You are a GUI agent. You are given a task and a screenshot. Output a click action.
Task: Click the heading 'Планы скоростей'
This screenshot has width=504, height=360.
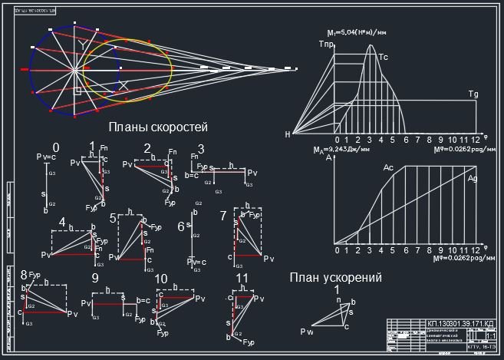click(x=159, y=127)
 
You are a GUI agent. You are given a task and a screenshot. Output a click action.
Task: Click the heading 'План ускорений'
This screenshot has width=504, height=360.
click(x=336, y=278)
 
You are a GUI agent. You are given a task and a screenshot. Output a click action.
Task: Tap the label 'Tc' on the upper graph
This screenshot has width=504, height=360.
click(x=384, y=57)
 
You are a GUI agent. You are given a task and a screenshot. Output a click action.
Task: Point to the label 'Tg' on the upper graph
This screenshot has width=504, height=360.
click(x=473, y=94)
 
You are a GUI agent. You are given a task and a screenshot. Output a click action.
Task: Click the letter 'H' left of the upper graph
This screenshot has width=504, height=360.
click(x=288, y=134)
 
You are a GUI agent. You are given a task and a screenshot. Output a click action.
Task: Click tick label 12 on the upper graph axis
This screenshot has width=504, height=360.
click(x=475, y=140)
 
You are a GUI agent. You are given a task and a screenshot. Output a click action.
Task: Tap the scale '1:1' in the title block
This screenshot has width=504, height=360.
click(x=490, y=336)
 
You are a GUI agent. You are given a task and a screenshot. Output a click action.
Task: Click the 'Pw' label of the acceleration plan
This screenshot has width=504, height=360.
click(x=307, y=332)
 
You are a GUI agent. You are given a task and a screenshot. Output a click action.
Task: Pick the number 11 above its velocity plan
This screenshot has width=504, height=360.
click(x=242, y=278)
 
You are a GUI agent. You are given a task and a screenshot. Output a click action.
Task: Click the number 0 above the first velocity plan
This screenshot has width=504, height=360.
click(x=55, y=147)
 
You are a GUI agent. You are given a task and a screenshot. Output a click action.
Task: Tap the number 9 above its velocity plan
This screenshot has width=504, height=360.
click(x=95, y=278)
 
